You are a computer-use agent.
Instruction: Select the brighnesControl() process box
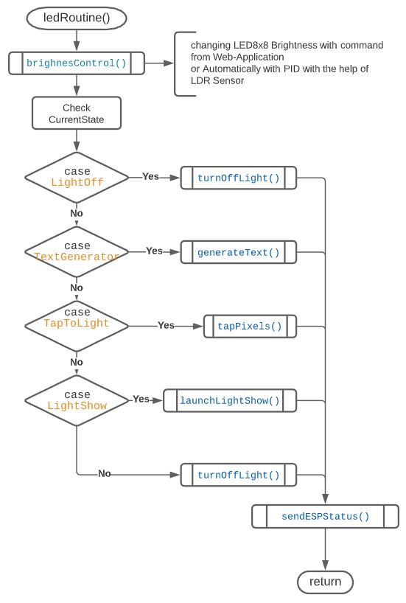[77, 63]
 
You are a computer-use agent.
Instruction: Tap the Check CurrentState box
[77, 114]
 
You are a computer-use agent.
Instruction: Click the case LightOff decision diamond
[77, 178]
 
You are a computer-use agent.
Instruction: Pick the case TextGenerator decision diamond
[77, 251]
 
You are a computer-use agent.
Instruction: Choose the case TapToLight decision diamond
[77, 324]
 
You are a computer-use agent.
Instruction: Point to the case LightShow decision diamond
[77, 400]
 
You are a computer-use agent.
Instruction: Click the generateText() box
[239, 252]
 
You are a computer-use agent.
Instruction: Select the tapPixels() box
[250, 326]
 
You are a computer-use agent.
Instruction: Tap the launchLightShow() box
[230, 401]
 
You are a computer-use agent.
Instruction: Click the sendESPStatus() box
[325, 516]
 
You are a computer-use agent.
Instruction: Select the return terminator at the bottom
[325, 582]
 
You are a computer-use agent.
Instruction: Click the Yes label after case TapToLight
[166, 325]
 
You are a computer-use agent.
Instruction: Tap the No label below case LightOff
[77, 213]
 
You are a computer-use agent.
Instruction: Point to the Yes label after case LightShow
[141, 399]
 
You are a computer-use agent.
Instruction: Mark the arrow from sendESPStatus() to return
[325, 548]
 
